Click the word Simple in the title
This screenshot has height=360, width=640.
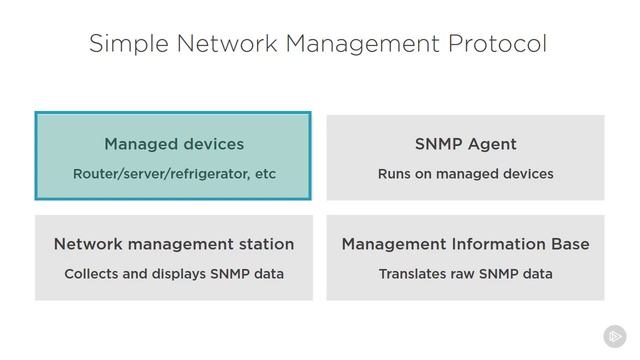124,44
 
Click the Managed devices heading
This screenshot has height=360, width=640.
173,144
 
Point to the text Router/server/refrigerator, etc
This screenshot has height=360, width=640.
173,174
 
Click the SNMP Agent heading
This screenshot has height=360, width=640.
465,144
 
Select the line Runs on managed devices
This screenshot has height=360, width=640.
465,174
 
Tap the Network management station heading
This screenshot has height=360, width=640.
173,244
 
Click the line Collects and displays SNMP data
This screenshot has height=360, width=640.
173,273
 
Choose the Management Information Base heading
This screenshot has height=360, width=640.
465,244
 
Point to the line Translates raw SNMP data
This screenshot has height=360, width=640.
465,273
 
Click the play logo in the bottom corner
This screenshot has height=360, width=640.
614,336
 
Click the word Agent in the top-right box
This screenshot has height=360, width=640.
491,144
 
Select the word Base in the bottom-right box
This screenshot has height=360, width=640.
569,244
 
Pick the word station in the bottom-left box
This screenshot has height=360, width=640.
265,244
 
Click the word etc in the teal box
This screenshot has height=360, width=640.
265,174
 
